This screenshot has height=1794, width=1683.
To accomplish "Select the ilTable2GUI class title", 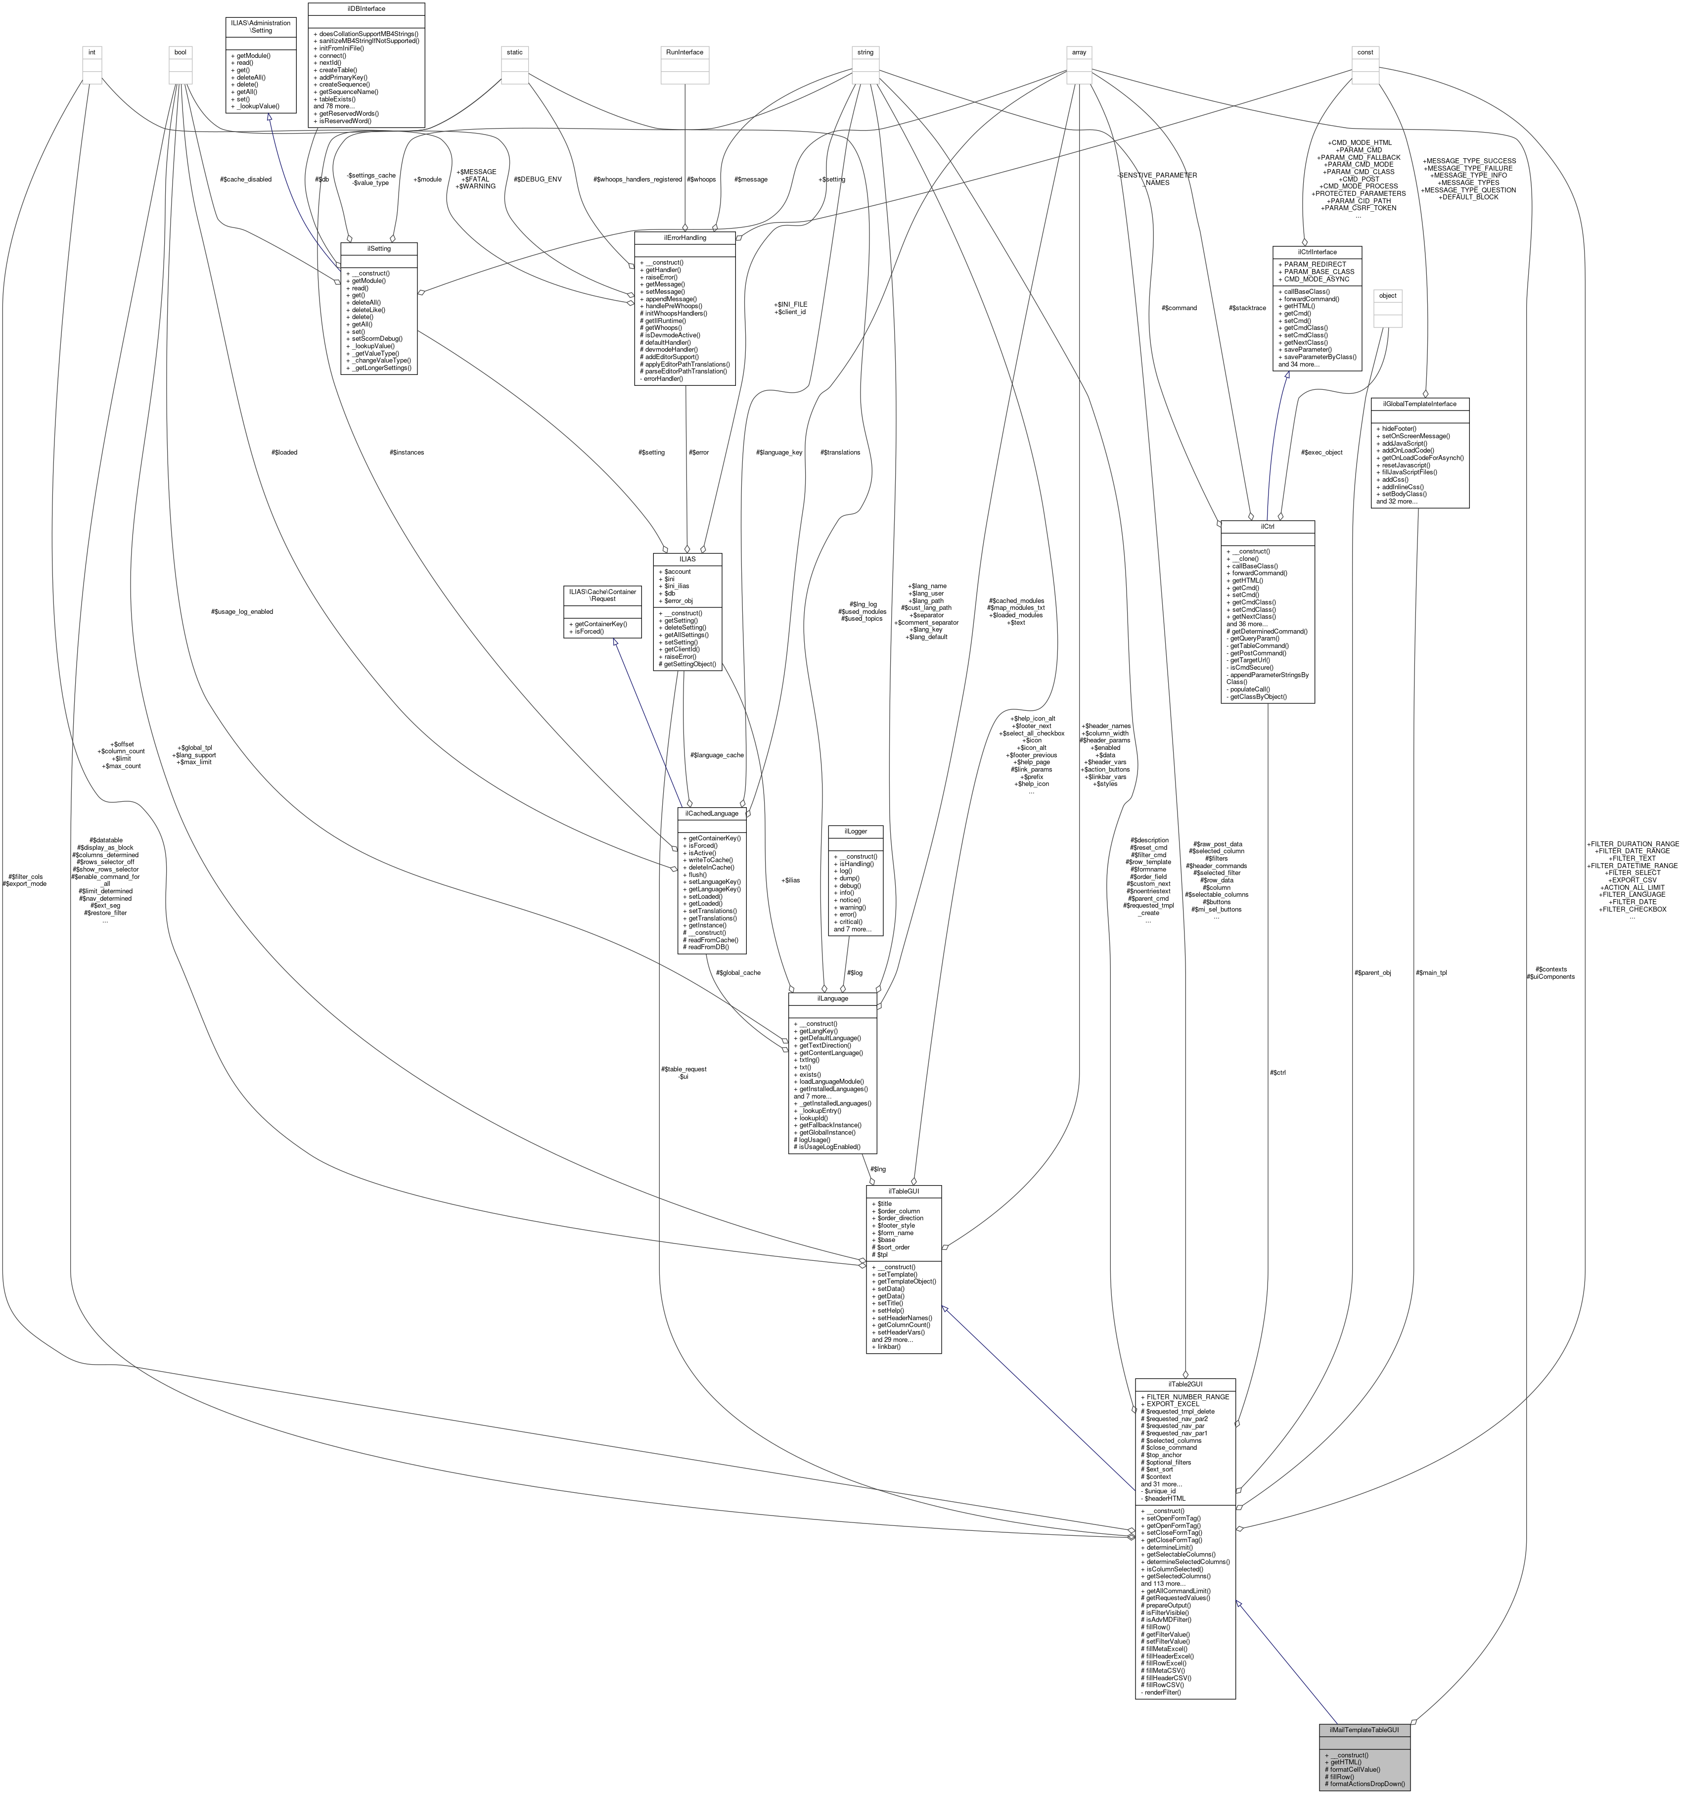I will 1185,1383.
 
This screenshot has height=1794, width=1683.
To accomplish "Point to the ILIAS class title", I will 687,558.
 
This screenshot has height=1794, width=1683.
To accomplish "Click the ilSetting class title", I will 378,247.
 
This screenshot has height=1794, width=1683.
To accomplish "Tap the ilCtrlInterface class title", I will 1317,252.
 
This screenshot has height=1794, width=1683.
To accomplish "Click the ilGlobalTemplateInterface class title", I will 1419,404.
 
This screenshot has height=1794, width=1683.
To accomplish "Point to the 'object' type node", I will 1388,296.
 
